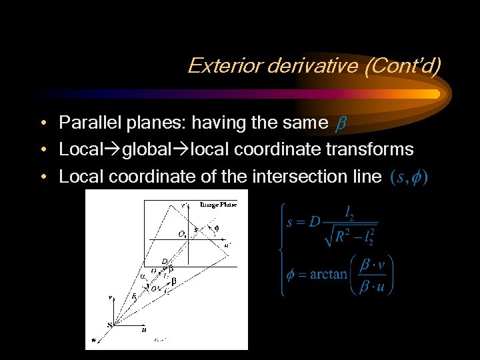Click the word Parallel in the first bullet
(85, 123)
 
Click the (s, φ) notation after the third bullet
(409, 177)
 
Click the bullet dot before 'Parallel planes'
(42, 123)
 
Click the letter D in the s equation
(314, 221)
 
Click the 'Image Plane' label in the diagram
(218, 205)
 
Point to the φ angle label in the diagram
(216, 227)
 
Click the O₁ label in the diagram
(182, 233)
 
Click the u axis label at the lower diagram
(143, 328)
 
